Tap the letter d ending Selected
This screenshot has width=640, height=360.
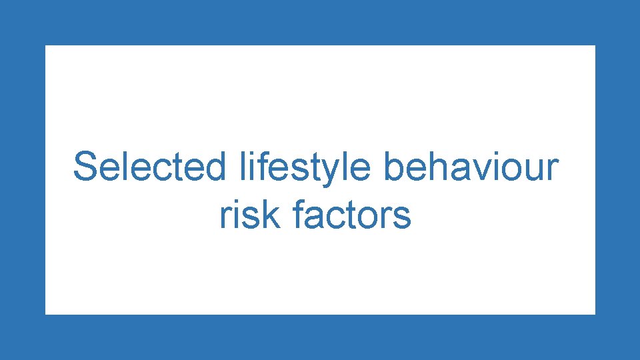tap(216, 167)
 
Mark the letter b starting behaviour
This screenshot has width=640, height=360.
tap(393, 167)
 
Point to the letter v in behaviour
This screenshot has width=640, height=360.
tap(477, 171)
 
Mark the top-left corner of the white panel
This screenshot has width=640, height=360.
tap(45, 45)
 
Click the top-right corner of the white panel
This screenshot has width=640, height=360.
tap(595, 45)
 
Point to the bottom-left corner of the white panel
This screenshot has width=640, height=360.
tap(45, 314)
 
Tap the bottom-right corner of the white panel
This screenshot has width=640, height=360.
tap(595, 314)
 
